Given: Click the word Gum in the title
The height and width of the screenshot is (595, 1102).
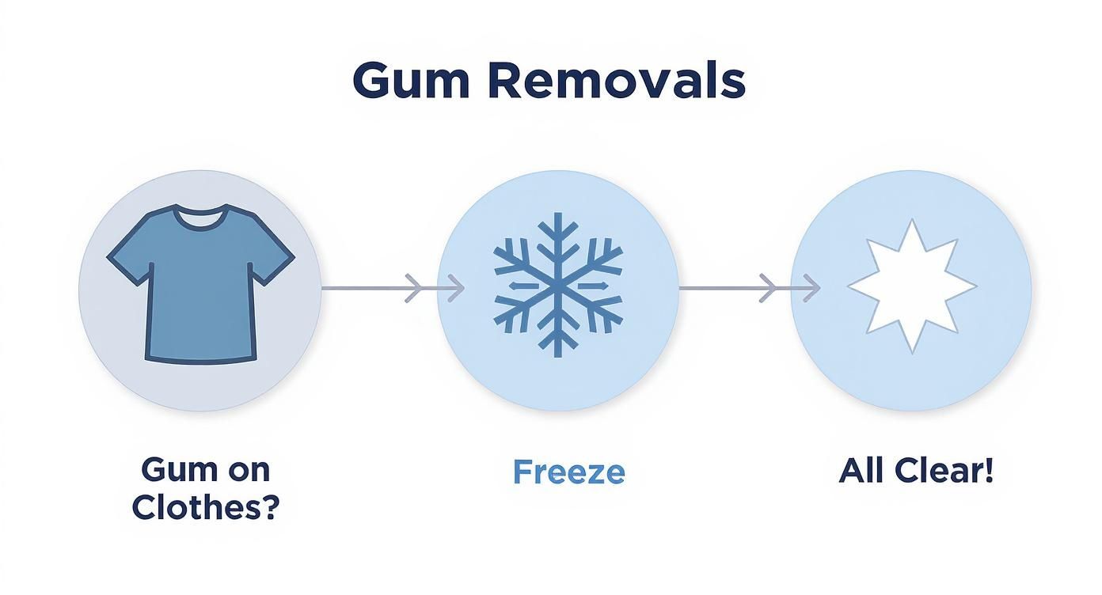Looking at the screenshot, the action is pyautogui.click(x=411, y=81).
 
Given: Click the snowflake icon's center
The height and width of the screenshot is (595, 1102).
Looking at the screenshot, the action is pyautogui.click(x=557, y=286).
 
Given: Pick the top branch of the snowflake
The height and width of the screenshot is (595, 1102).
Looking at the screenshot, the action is pyautogui.click(x=557, y=244).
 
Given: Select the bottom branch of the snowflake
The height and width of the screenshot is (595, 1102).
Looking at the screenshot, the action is pyautogui.click(x=557, y=327).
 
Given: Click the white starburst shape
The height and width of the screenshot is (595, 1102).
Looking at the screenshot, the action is pyautogui.click(x=912, y=286).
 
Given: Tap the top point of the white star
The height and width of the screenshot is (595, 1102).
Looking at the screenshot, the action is pyautogui.click(x=913, y=220).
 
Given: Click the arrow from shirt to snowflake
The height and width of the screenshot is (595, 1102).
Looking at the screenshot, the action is pyautogui.click(x=393, y=288).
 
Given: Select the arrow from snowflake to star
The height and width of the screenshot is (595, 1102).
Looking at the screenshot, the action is pyautogui.click(x=749, y=288).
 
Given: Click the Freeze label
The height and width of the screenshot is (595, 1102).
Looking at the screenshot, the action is pyautogui.click(x=568, y=472).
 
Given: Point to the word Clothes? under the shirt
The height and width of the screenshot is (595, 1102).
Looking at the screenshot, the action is pyautogui.click(x=206, y=506).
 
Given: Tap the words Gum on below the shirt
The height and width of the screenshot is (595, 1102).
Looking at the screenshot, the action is pyautogui.click(x=206, y=470).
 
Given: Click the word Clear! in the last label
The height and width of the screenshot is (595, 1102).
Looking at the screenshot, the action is pyautogui.click(x=944, y=471).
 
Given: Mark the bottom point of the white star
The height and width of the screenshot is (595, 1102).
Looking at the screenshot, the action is pyautogui.click(x=913, y=352).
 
